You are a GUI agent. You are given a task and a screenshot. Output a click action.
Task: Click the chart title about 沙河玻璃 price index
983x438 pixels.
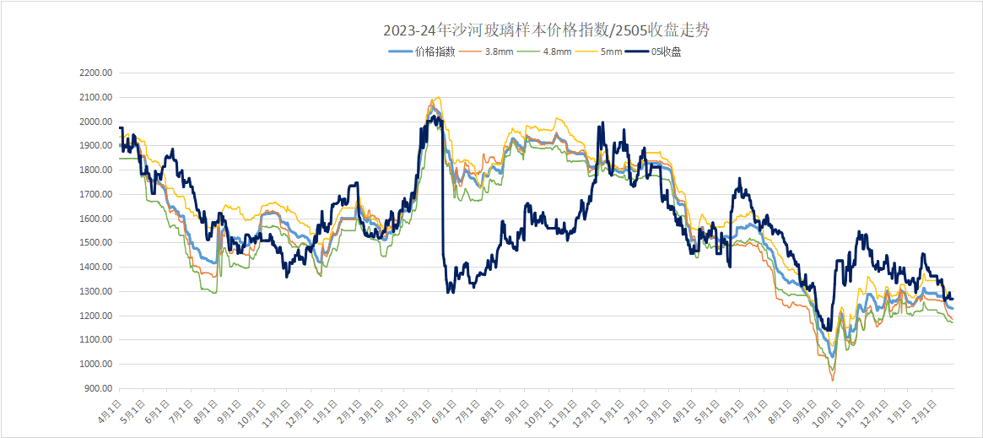[x=546, y=30]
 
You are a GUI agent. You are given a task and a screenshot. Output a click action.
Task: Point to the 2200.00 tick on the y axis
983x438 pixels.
[x=95, y=73]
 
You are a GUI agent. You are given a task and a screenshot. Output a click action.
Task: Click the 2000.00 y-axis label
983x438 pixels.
[x=95, y=122]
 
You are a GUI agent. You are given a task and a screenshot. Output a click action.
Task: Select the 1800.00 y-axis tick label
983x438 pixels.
[x=95, y=170]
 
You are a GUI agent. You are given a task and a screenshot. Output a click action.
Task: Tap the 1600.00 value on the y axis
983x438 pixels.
[x=95, y=219]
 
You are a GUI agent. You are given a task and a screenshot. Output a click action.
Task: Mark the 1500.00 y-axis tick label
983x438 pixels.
[x=95, y=243]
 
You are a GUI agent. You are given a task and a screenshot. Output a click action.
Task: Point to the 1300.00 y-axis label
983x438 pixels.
[x=95, y=292]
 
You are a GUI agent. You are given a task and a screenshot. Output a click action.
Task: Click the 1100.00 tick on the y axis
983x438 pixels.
[x=95, y=340]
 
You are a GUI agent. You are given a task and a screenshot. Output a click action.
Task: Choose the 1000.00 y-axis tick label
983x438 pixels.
[x=95, y=365]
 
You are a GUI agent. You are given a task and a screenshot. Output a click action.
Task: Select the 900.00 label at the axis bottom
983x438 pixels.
[x=98, y=389]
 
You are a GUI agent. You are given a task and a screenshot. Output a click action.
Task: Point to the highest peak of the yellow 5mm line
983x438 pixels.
[x=436, y=97]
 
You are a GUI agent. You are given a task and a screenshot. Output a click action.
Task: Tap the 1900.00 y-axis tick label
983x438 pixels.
[x=95, y=146]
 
